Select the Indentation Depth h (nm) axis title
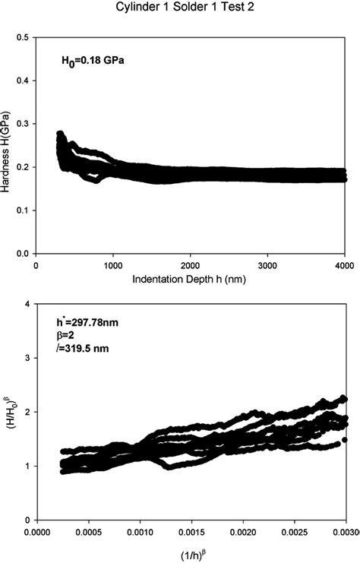[x=191, y=279]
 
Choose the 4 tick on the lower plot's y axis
[x=27, y=304]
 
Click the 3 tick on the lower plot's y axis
[x=27, y=358]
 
